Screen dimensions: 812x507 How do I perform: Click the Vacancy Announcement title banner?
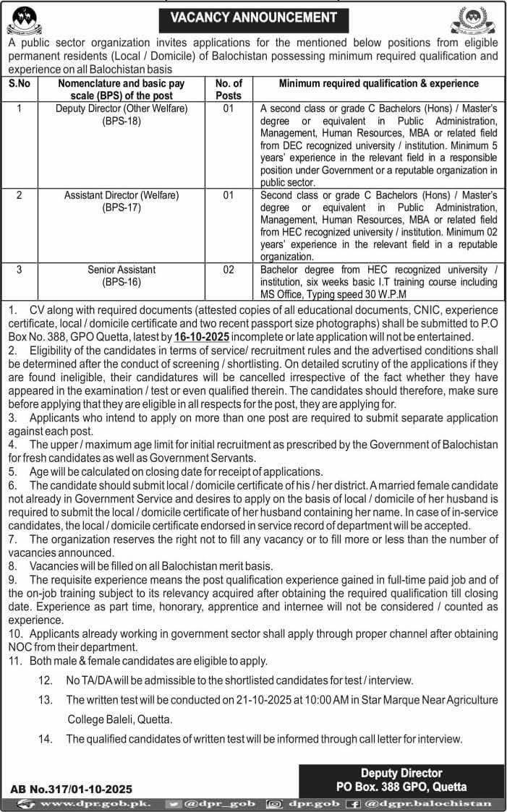(253, 17)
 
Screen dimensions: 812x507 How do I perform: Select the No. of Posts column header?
(229, 89)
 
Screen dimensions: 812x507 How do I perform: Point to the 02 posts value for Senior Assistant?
(229, 270)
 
